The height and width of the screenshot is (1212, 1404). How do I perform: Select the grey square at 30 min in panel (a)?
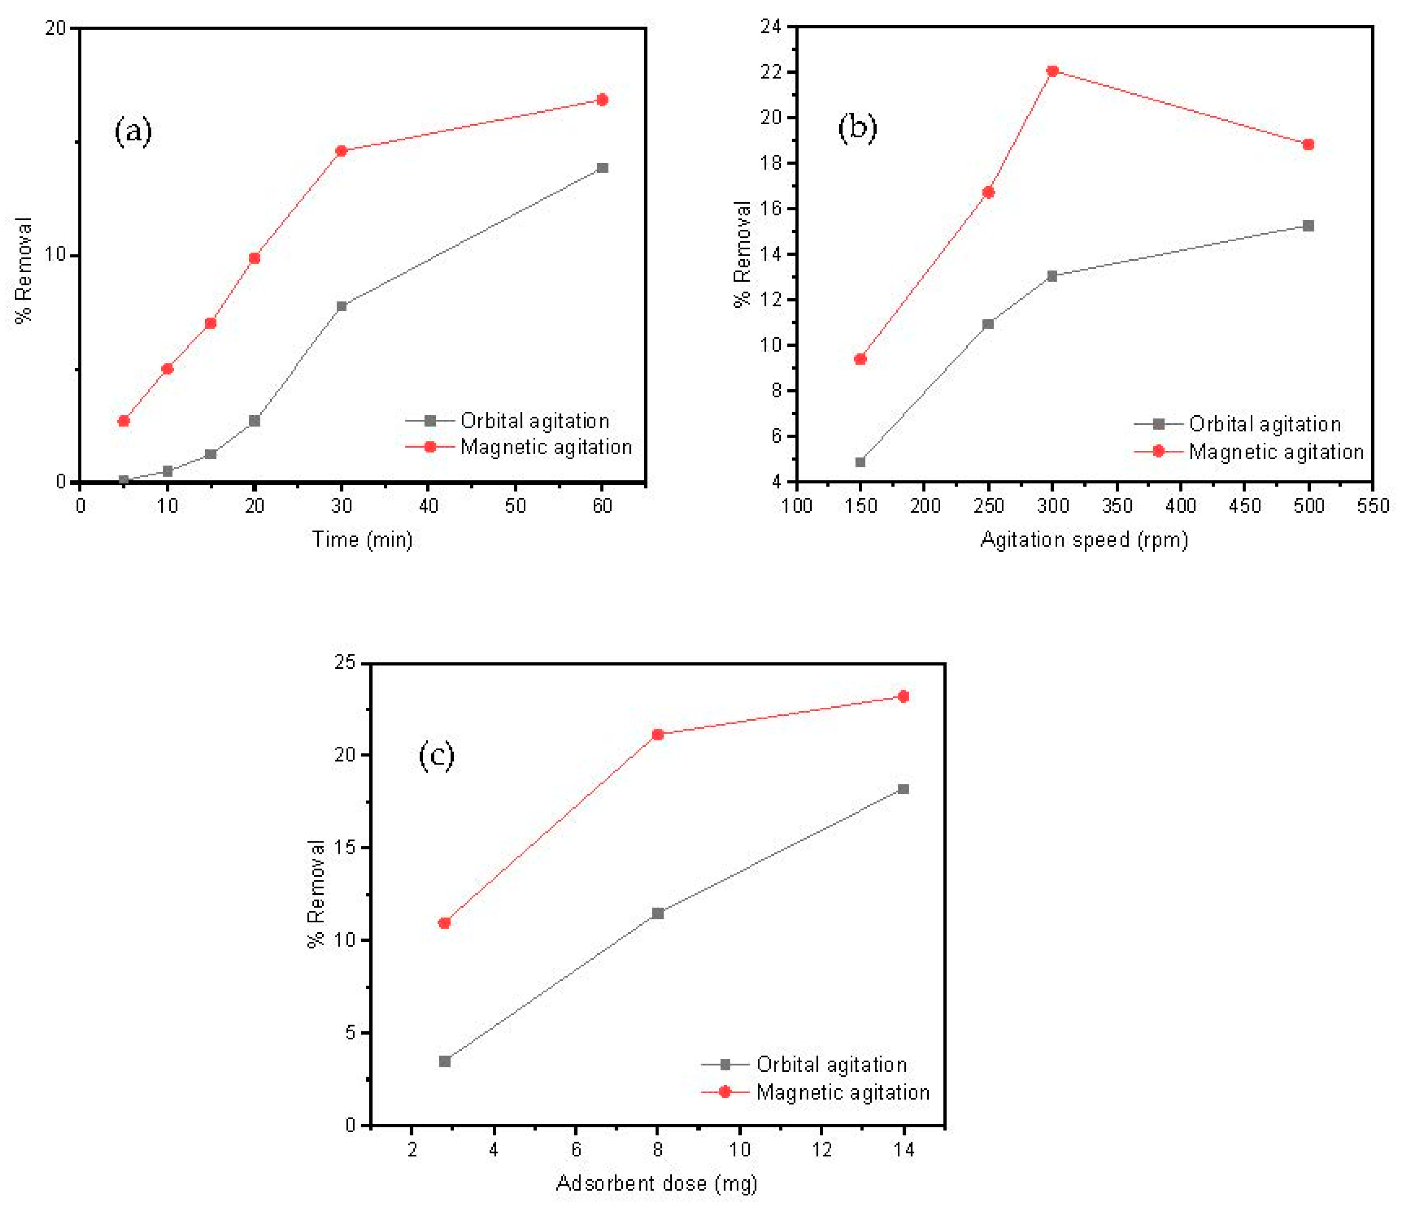coord(342,306)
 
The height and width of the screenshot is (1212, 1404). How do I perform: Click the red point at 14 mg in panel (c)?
coord(903,696)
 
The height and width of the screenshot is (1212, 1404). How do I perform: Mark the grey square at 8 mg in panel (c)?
coord(658,913)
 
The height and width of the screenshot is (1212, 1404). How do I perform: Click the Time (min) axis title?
coord(362,539)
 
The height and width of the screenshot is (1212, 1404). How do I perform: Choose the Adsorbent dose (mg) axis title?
coord(656,1183)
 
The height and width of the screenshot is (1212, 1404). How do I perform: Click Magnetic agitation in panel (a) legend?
coord(546,447)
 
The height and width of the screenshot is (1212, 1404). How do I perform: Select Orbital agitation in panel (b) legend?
coord(1265,424)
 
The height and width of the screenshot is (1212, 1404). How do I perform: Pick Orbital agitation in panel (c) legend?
coord(832,1065)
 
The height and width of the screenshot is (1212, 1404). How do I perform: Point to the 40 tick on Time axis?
coord(428,505)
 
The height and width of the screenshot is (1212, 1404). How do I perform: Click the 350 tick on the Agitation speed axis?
coord(1117,505)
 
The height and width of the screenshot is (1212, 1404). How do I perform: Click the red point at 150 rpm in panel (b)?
coord(860,359)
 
